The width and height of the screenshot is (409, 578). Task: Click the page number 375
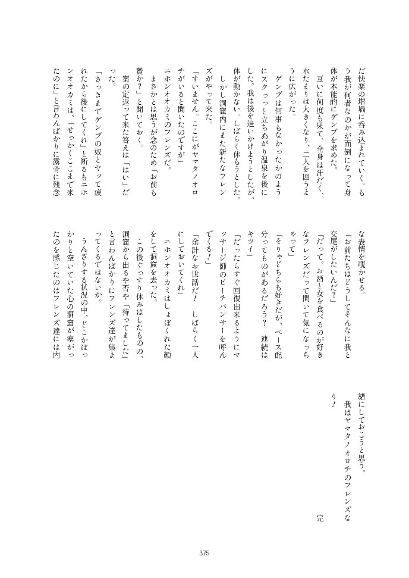point(204,554)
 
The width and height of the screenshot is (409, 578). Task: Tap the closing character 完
point(320,501)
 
